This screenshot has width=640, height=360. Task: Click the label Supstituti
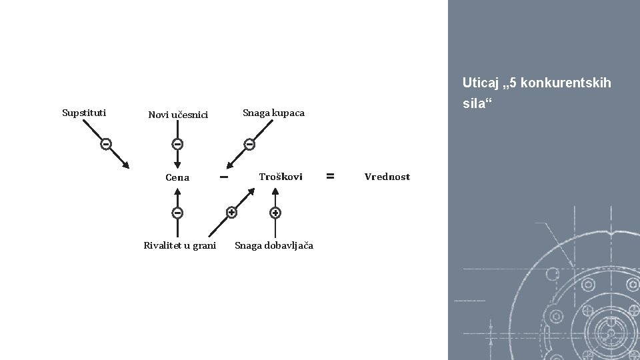coord(84,112)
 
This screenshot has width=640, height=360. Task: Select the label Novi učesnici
coord(178,115)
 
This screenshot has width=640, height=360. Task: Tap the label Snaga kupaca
coord(273,113)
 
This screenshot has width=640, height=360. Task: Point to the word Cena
coord(177,177)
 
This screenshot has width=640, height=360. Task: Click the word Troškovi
coord(280,177)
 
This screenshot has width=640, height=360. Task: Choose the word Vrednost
coord(387,177)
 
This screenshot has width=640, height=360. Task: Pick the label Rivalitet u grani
coord(180,245)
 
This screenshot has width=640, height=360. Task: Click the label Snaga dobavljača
coord(273,245)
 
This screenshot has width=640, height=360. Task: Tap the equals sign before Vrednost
coord(329,176)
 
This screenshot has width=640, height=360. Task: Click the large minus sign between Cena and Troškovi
coord(224,177)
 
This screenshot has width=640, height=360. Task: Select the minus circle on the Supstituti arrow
coord(105,144)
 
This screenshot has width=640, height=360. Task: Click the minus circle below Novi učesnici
coord(177,144)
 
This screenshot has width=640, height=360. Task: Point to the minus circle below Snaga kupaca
coord(249,144)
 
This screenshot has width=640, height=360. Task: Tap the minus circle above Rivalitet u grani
coord(177,213)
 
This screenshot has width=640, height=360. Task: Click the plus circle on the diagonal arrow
coord(231,213)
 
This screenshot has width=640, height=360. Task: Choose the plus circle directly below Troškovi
coord(275,213)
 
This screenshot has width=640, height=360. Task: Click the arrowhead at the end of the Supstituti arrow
coord(126,166)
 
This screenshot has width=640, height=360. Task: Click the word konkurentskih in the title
coord(567,83)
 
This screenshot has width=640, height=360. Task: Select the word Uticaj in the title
coord(478,83)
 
